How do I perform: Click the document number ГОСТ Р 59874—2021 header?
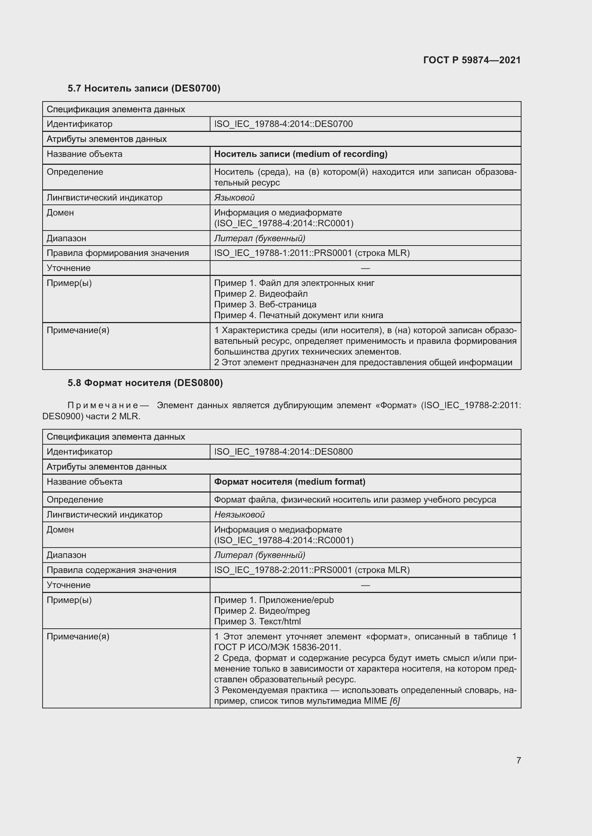pos(472,60)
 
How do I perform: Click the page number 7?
pos(518,760)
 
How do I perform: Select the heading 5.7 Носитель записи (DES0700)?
pos(144,88)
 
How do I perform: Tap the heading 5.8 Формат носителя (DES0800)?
pos(145,383)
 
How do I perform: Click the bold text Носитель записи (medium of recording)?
pos(300,154)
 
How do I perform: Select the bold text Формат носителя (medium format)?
pos(290,482)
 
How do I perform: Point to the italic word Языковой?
pos(234,198)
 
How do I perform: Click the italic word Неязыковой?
pos(239,514)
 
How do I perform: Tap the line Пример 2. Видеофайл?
pos(261,294)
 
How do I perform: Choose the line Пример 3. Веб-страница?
pos(265,305)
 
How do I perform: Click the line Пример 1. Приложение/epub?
pos(274,600)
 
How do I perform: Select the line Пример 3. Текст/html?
pos(257,622)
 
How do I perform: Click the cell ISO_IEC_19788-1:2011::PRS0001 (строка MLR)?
pos(312,253)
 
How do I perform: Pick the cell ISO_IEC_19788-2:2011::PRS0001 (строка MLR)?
pos(312,570)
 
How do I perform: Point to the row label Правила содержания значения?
pos(111,570)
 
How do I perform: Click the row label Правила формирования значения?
pos(117,253)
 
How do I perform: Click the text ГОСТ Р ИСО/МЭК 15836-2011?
pos(277,647)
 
